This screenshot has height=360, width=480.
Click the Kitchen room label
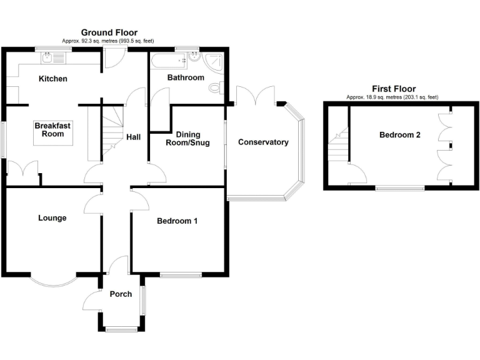pos(53,79)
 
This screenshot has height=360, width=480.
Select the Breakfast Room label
pos(49,130)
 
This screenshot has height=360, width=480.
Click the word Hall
pos(134,137)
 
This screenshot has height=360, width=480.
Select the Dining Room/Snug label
pos(192,139)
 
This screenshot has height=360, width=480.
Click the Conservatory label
pos(263,142)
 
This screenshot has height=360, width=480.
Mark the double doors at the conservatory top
pos(256,96)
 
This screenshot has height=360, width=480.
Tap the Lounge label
pos(52,218)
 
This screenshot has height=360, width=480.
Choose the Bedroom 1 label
pos(177,221)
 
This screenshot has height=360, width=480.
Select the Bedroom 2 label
pos(399,135)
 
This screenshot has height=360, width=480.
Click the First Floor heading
pos(394,89)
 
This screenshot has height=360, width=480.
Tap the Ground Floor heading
pos(109,32)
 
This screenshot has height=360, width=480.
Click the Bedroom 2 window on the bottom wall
pos(400,187)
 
